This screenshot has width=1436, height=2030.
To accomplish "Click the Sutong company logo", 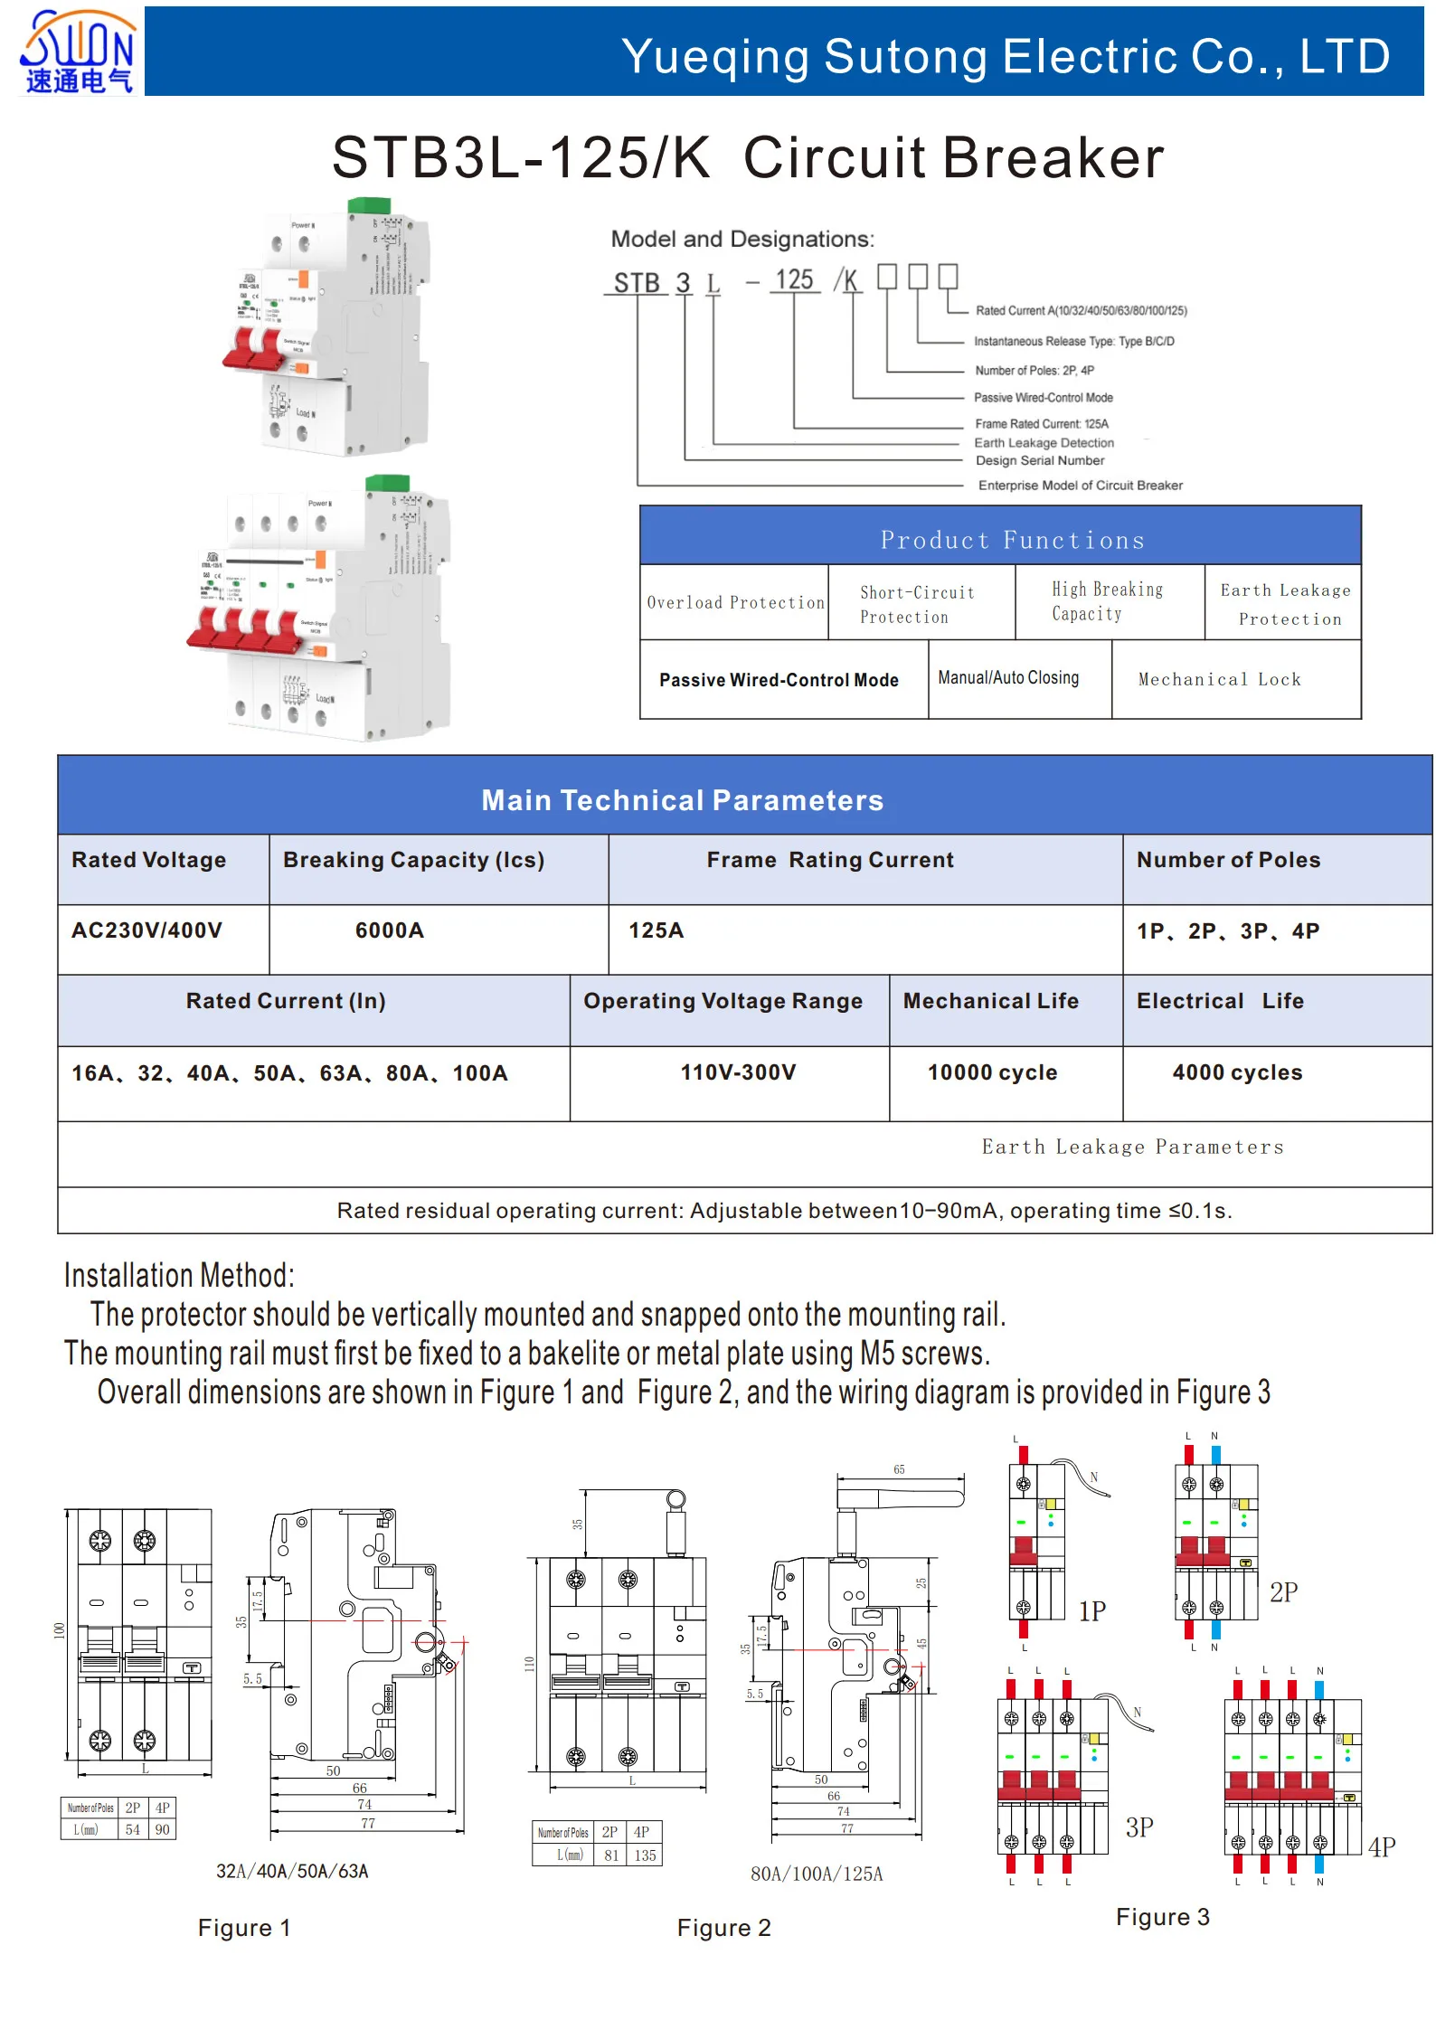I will [x=78, y=52].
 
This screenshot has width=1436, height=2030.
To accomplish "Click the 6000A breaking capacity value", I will [x=389, y=930].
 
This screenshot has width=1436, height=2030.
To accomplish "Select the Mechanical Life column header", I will [x=990, y=1001].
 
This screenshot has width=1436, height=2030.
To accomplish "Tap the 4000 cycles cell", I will [x=1237, y=1072].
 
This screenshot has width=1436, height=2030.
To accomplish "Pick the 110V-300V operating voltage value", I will [x=738, y=1072].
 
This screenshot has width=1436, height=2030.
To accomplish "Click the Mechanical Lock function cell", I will [x=1219, y=679].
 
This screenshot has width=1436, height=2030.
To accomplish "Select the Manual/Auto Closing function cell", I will [x=1008, y=678].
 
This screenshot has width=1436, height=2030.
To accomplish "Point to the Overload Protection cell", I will [x=735, y=602].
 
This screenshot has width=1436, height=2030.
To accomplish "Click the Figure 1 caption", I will [x=244, y=1928].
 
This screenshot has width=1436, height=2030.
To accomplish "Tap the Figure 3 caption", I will [x=1162, y=1917].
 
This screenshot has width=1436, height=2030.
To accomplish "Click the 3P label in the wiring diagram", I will [x=1139, y=1827].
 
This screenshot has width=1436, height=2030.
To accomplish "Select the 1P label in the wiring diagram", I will [x=1092, y=1610].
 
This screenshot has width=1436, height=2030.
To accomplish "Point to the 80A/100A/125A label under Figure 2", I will [x=817, y=1874].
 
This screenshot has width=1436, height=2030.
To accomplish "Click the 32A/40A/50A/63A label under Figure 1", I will [x=292, y=1871].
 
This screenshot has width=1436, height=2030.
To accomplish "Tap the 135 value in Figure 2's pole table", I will [x=645, y=1855].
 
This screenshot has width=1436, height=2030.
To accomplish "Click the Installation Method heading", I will [x=179, y=1276].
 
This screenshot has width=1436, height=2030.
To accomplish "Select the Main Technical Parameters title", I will [x=682, y=800].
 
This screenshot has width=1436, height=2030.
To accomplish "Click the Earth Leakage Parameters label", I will [x=1132, y=1147].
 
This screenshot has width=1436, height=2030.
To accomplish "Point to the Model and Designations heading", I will [x=742, y=239].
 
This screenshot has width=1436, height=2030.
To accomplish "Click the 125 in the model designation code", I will [x=794, y=280].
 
